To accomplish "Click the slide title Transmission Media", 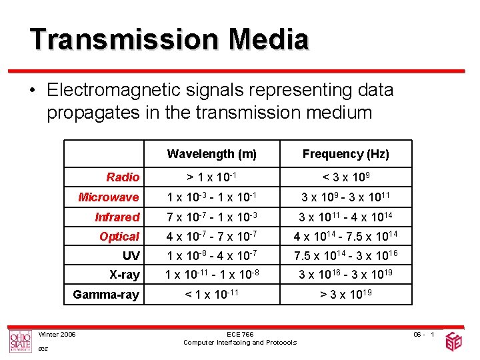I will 169,39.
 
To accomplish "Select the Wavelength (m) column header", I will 211,154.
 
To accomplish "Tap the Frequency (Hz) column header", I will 345,154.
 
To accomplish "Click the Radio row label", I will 123,177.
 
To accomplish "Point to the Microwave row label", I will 109,197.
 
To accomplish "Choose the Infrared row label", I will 117,217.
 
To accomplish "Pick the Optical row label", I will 119,237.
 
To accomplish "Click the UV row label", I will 131,256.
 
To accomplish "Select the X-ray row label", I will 124,275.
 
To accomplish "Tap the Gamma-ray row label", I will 106,295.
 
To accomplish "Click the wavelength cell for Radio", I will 211,177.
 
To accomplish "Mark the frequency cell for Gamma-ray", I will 345,295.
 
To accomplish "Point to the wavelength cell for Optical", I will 211,237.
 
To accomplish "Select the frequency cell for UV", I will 345,256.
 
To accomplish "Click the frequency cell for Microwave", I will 345,197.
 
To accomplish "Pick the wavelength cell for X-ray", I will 211,275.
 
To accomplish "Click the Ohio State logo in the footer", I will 20,341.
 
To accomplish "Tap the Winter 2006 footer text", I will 57,334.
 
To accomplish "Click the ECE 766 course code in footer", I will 240,334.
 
